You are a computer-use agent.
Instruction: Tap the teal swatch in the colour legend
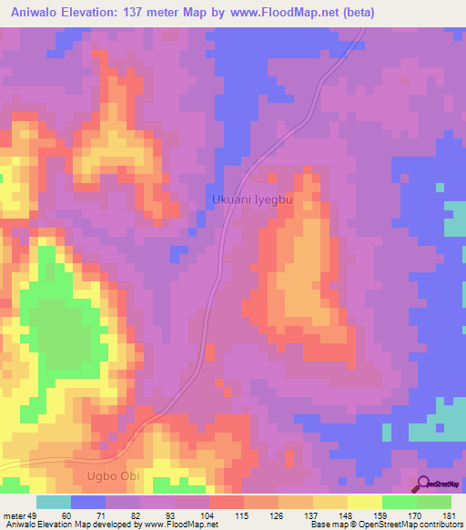click(x=54, y=502)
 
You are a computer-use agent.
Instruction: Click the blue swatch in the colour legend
click(x=88, y=502)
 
